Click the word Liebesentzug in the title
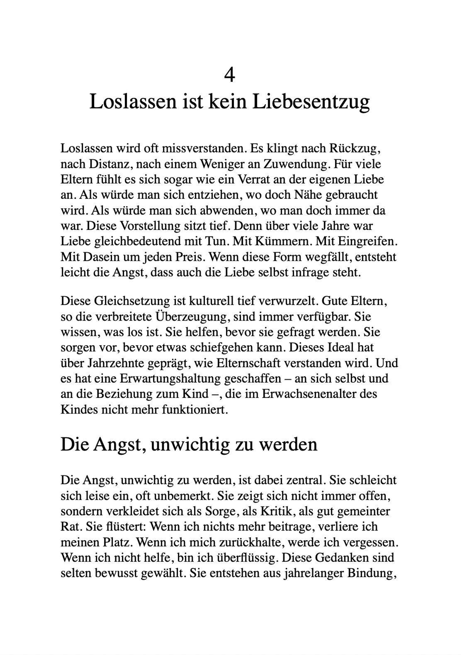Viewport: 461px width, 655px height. (311, 102)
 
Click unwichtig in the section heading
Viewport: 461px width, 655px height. (190, 445)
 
